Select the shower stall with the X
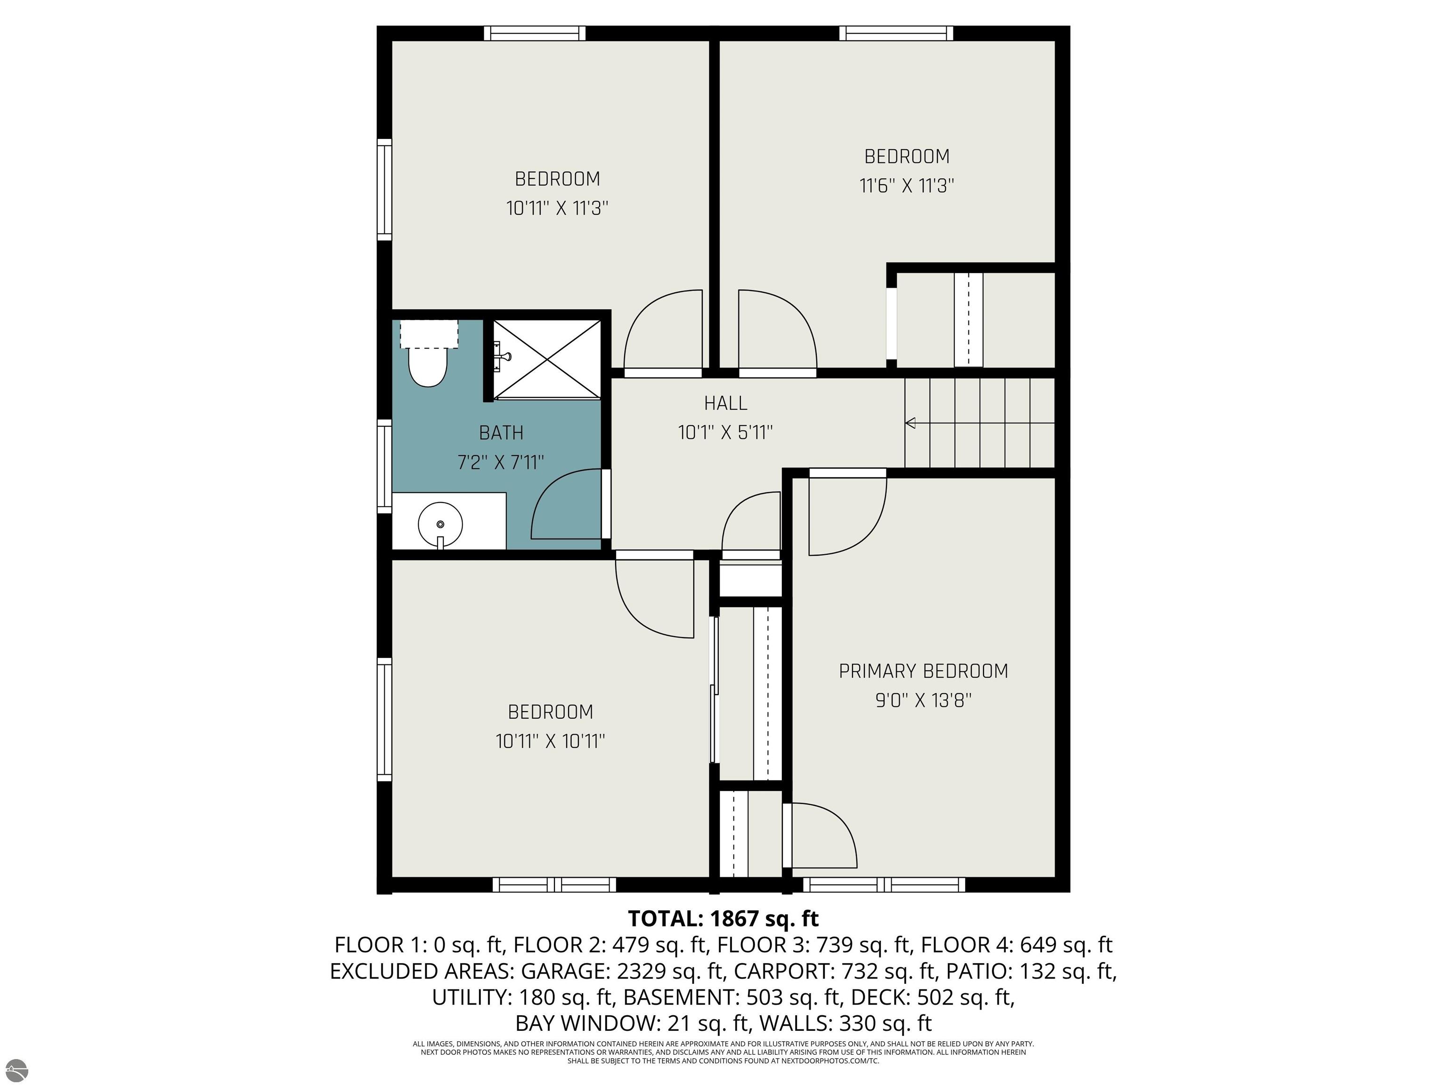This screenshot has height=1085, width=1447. pos(546,359)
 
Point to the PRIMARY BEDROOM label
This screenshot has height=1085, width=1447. pos(923,671)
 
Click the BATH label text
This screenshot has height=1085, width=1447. pos(501,433)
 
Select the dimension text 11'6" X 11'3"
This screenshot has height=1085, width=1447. pos(907,186)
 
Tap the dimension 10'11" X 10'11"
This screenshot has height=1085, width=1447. pos(550,741)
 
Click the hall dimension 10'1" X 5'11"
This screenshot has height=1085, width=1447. pos(725,432)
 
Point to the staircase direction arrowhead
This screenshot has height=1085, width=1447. pos(909,423)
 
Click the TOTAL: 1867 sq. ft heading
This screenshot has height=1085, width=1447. pos(723,918)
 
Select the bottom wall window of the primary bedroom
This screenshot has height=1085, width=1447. pos(884,885)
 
